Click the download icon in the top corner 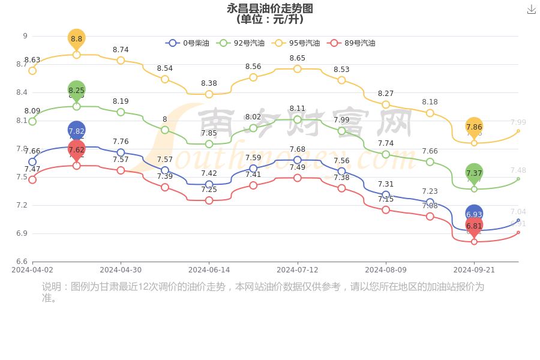tap(531, 9)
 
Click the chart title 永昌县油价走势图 tap(270, 8)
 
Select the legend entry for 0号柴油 tap(188, 43)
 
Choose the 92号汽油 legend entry tap(241, 43)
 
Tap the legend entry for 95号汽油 tap(296, 43)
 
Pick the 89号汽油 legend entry tap(352, 43)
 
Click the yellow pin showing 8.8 tap(77, 38)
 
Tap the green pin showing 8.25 tap(77, 90)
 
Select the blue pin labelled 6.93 tap(474, 214)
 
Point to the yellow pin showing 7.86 tap(474, 127)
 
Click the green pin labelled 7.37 tap(474, 173)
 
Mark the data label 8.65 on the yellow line tap(298, 58)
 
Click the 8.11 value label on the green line tap(298, 109)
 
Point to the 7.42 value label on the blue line tap(209, 173)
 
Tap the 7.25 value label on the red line tap(209, 190)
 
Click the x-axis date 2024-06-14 tap(209, 270)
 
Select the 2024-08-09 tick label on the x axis tap(386, 270)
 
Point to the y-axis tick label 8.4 tap(22, 92)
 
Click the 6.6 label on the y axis tap(22, 262)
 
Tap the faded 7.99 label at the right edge tap(518, 122)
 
